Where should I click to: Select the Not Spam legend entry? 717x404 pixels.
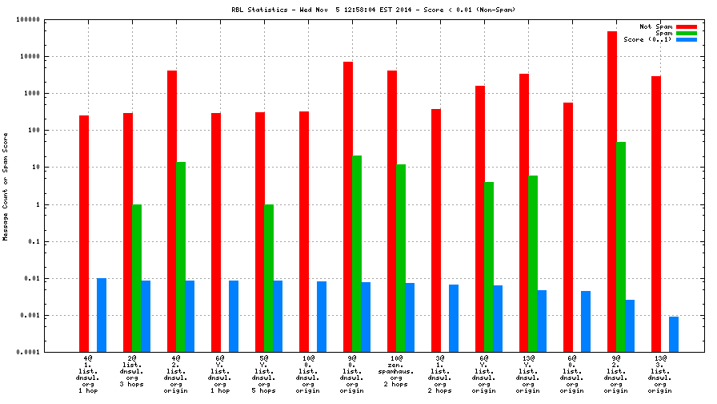pyautogui.click(x=655, y=26)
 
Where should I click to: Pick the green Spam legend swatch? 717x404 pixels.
pyautogui.click(x=687, y=33)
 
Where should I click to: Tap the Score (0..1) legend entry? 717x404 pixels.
pyautogui.click(x=647, y=39)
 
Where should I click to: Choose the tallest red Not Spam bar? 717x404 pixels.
pyautogui.click(x=612, y=192)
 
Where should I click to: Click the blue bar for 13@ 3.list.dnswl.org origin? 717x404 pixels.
pyautogui.click(x=674, y=334)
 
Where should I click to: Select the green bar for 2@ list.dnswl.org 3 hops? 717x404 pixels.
pyautogui.click(x=137, y=278)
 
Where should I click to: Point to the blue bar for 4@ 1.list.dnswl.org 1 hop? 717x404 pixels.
pyautogui.click(x=102, y=315)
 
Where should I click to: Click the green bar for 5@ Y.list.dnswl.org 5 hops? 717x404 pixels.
pyautogui.click(x=269, y=278)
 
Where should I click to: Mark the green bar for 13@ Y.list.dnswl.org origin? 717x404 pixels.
pyautogui.click(x=533, y=264)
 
